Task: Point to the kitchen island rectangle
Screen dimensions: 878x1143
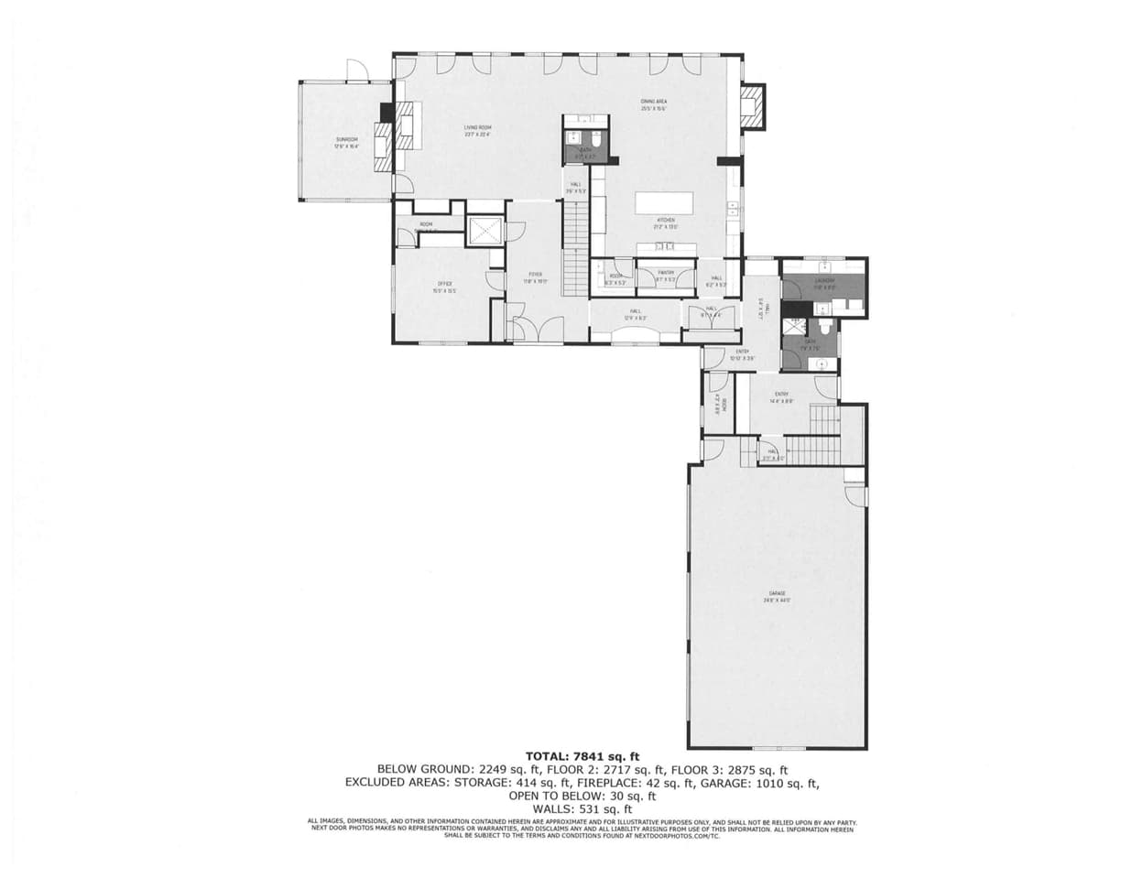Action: coord(665,202)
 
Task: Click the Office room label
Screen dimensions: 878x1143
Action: coord(444,287)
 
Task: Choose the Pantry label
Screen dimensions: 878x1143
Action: coord(665,275)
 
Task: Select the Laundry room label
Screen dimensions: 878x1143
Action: coord(824,283)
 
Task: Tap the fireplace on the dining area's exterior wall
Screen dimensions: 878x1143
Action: coord(752,105)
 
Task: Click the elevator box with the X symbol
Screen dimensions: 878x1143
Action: coord(484,230)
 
